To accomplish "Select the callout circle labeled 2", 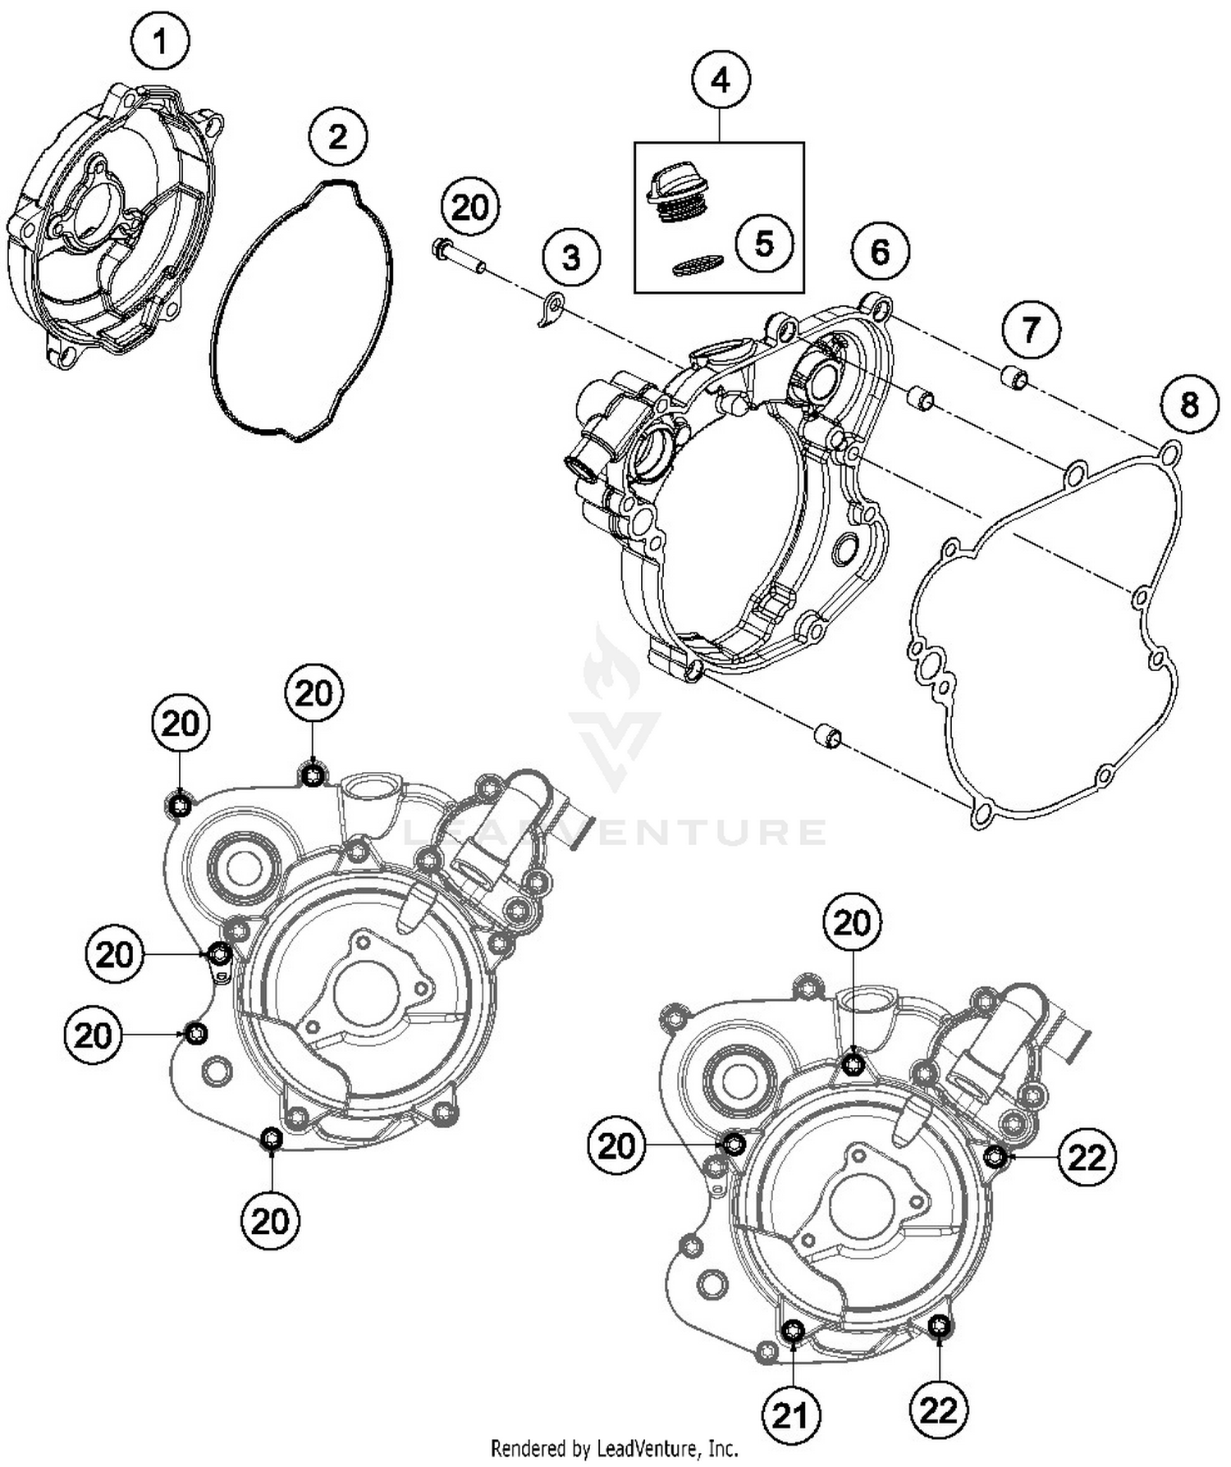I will coord(338,137).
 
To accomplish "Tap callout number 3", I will coord(570,258).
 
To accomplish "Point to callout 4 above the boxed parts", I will coord(720,80).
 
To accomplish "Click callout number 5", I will coord(763,244).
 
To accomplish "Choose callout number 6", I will coord(879,252).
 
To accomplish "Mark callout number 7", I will coord(1030,330).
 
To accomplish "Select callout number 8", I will coord(1189,404).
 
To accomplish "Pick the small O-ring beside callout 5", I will coord(698,263).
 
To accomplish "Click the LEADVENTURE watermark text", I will coord(615,831).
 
